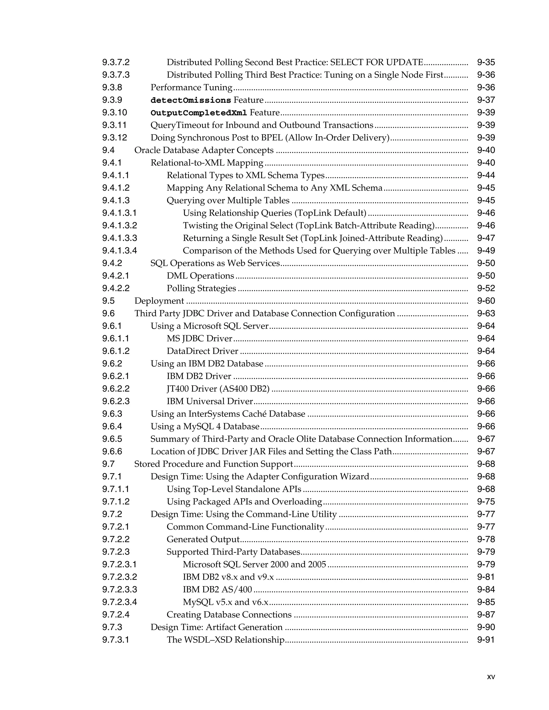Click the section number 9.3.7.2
click(116, 62)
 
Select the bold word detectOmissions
click(191, 100)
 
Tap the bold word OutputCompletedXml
click(199, 113)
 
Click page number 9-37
click(485, 100)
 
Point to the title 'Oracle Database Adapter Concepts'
click(204, 150)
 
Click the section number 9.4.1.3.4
click(120, 251)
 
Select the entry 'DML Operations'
click(200, 276)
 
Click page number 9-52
click(485, 288)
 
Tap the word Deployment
click(159, 301)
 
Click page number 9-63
click(485, 313)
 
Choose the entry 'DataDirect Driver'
click(202, 351)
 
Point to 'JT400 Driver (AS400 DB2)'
click(218, 389)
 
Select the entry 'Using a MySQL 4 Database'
click(205, 426)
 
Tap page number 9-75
click(485, 502)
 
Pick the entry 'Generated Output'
click(203, 539)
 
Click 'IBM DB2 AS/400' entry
click(217, 589)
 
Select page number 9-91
click(485, 640)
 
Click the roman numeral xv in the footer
click(491, 677)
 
